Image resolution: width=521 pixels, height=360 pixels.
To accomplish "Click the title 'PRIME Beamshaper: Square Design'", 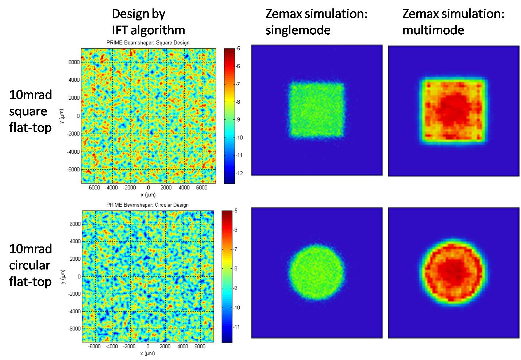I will (x=148, y=43).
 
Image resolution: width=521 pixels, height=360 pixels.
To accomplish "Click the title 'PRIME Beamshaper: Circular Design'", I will (x=147, y=205).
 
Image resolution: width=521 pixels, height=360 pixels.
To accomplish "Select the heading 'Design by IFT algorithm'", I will (x=148, y=22).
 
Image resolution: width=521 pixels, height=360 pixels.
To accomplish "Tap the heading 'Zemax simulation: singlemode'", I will (x=316, y=22).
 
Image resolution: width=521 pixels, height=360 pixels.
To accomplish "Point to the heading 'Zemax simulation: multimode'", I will (x=453, y=22).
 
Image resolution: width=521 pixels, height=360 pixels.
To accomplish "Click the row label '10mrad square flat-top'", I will (x=31, y=111).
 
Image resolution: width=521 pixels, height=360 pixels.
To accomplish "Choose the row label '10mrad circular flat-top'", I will (x=31, y=265).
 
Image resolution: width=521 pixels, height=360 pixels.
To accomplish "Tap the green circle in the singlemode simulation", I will (x=317, y=272).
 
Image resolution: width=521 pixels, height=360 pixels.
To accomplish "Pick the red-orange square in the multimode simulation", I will (x=454, y=111).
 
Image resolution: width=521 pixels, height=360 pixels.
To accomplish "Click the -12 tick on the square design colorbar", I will (x=239, y=173).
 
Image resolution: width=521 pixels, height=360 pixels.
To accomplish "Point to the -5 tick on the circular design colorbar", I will (x=236, y=211).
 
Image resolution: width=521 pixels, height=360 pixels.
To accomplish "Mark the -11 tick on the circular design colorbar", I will (x=237, y=326).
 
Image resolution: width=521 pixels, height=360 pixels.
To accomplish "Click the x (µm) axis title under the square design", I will (x=148, y=195).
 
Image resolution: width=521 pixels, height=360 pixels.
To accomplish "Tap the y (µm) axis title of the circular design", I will (x=63, y=276).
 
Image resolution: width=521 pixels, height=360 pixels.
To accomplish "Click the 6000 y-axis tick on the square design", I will (x=74, y=62).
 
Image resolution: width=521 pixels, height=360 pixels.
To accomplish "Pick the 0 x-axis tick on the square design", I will (x=148, y=187).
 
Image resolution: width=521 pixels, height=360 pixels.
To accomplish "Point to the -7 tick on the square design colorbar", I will (x=238, y=84).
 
